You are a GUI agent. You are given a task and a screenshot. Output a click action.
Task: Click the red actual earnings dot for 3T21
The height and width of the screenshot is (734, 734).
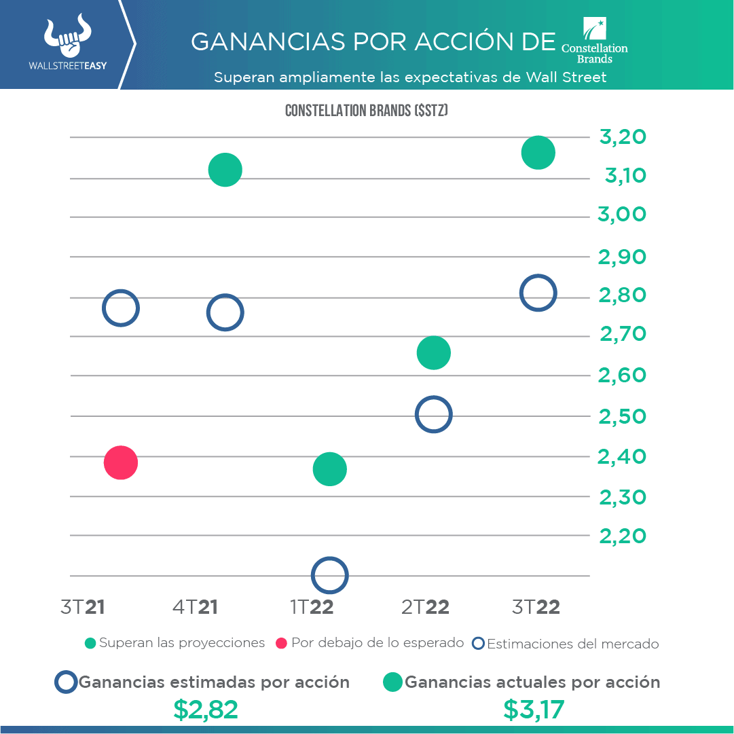coord(121,463)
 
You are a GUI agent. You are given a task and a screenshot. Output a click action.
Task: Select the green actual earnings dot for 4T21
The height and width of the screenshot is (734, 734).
coord(225,170)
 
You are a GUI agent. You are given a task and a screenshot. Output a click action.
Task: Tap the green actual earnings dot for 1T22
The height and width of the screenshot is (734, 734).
coord(330,469)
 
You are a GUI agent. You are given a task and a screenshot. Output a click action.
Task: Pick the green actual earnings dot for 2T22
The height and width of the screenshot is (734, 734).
coord(434,353)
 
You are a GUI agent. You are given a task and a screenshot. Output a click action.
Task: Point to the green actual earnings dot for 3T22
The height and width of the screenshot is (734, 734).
coord(538,153)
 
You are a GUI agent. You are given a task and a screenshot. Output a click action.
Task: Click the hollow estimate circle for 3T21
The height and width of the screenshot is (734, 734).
coord(121,308)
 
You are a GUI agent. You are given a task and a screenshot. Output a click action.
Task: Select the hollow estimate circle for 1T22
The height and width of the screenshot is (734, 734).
coord(330,575)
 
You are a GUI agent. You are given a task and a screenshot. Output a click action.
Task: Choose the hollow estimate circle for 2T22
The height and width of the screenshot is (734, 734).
coord(433,414)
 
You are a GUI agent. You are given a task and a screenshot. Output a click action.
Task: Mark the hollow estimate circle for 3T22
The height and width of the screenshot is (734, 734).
coord(538,293)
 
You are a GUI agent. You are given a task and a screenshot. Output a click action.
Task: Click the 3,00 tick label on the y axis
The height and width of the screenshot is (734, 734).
coord(622,215)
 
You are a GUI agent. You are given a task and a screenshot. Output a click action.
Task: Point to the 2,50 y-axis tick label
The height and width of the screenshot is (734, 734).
coord(622,416)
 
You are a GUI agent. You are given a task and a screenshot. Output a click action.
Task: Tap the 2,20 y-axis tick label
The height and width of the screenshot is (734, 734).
coord(622,536)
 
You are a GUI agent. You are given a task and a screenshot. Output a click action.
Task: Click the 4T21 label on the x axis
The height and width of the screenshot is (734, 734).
coord(196,607)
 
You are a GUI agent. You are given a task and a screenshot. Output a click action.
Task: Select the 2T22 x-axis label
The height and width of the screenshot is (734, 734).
coord(426,607)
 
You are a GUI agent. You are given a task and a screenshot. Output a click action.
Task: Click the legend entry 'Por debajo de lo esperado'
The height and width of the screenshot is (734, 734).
coord(370,643)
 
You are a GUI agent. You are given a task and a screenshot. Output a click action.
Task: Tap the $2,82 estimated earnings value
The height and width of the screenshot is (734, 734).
coord(206,710)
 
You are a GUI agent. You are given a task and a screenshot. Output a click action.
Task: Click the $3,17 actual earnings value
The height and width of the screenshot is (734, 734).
coord(534,710)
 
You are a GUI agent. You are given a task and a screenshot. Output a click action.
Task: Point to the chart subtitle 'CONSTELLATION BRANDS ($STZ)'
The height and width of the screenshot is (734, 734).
coord(367,111)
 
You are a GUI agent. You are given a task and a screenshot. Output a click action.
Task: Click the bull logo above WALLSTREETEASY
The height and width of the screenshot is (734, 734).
coord(67,38)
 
